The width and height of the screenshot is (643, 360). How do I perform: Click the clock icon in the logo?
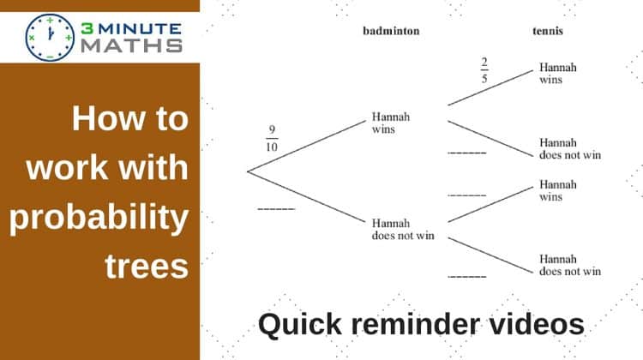pos(50,38)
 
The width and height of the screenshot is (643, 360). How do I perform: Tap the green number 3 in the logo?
pos(87,28)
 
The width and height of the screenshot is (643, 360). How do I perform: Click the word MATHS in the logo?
pos(132,46)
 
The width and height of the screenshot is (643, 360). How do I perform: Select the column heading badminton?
pos(391,31)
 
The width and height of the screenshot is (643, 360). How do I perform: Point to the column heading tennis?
pos(548,31)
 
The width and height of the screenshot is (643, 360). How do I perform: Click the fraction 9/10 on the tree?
pos(272,138)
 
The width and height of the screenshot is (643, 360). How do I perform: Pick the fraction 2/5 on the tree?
pos(484,70)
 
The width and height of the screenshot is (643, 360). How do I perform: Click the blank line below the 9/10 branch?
pos(276,209)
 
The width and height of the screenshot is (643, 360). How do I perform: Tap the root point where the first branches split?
pos(248,171)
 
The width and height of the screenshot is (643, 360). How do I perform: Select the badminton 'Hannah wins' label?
pos(390,123)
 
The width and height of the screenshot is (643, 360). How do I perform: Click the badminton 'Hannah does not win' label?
pos(403,230)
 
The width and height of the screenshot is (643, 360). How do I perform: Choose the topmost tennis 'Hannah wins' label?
pos(558,74)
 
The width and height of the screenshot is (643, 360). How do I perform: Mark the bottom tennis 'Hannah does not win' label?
pos(570,265)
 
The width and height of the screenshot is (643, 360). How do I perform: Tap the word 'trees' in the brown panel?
pos(147,267)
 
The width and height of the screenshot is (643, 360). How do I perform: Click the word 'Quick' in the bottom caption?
pos(300,325)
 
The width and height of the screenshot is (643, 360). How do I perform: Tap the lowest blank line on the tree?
pos(467,277)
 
